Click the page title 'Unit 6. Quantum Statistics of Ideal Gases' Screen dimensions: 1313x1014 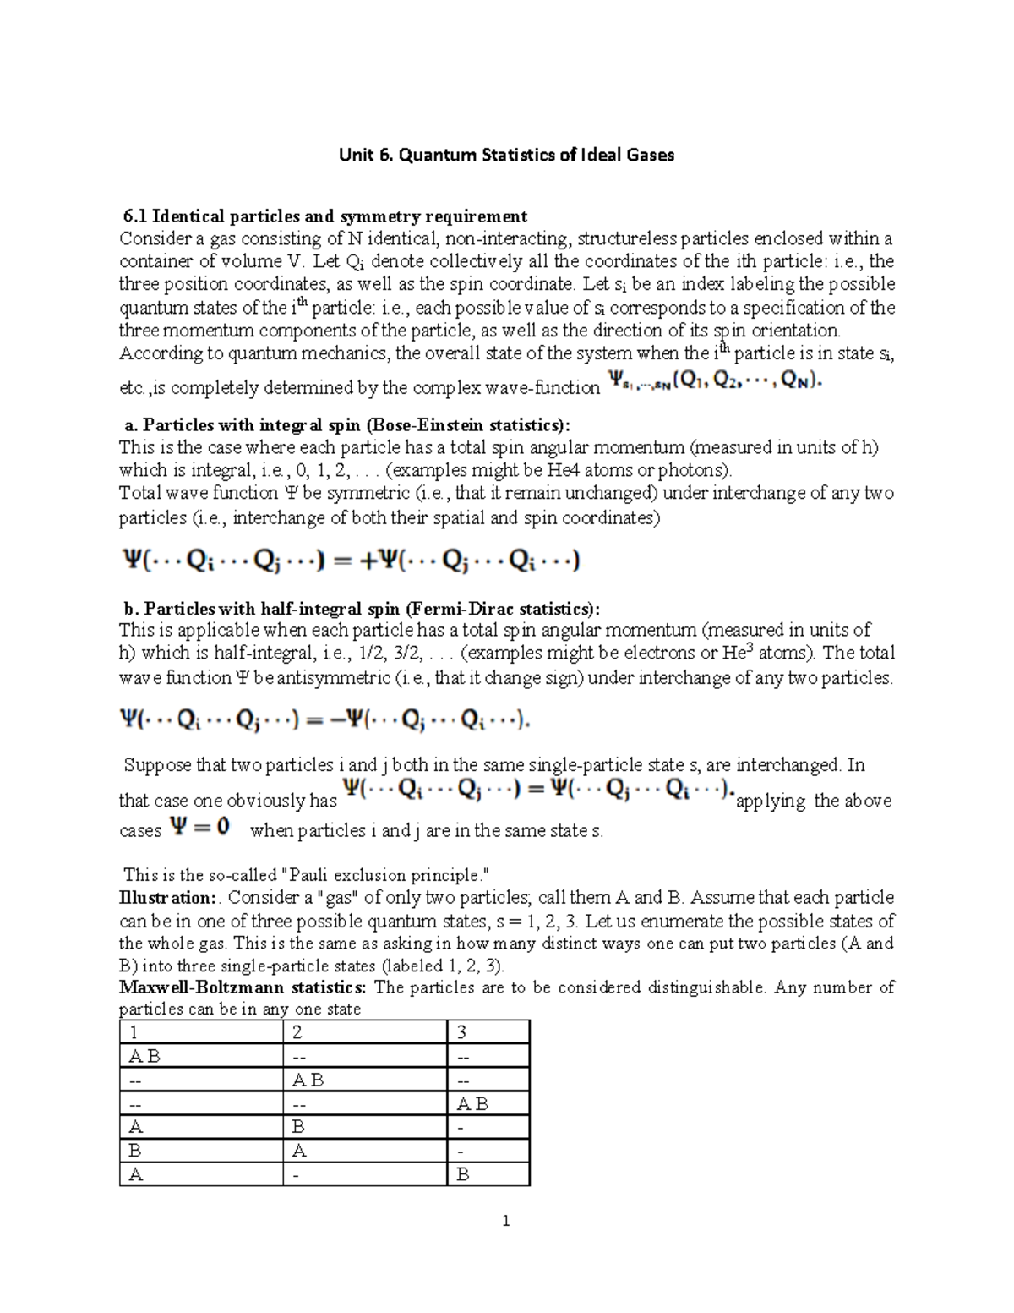coord(506,155)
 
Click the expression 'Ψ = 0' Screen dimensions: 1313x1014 coord(200,827)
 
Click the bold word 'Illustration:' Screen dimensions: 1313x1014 coord(166,898)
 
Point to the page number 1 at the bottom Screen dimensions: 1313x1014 coord(505,1221)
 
